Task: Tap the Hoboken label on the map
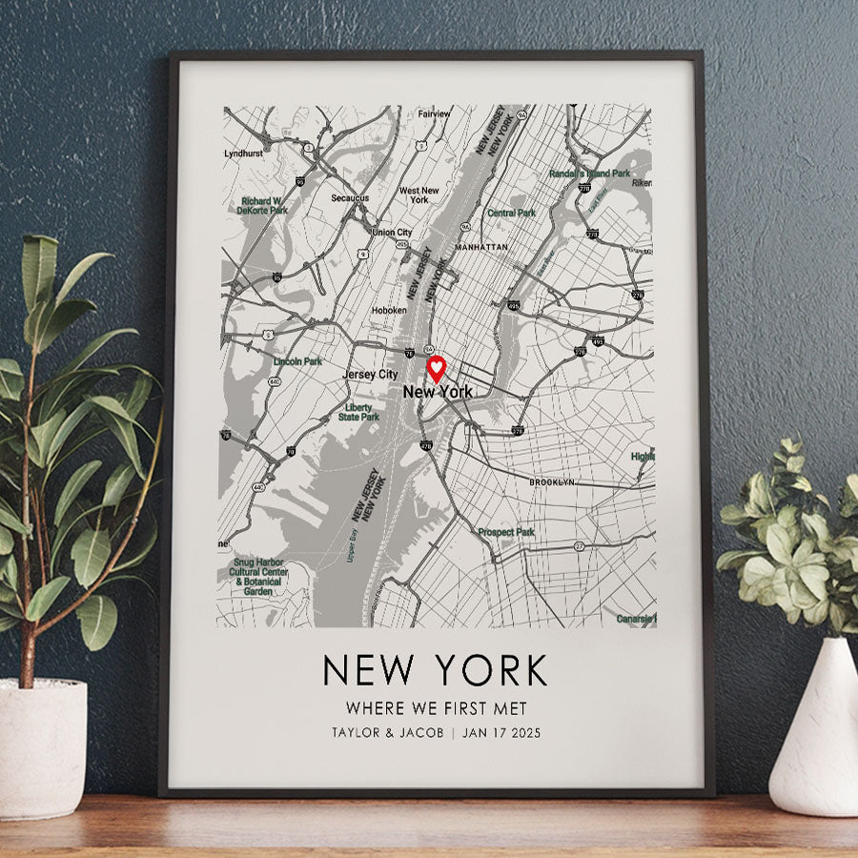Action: tap(389, 310)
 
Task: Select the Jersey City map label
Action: tap(370, 375)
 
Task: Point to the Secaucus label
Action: tap(350, 198)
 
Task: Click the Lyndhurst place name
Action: tap(242, 153)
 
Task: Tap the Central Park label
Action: tap(512, 214)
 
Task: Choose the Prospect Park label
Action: tap(506, 532)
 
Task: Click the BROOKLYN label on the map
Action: tap(552, 483)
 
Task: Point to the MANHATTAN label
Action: tap(481, 246)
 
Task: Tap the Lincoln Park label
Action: tap(297, 362)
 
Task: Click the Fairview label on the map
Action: tap(434, 114)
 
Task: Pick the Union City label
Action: tap(392, 233)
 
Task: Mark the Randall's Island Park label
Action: tap(590, 174)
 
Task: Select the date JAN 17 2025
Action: tap(500, 733)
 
